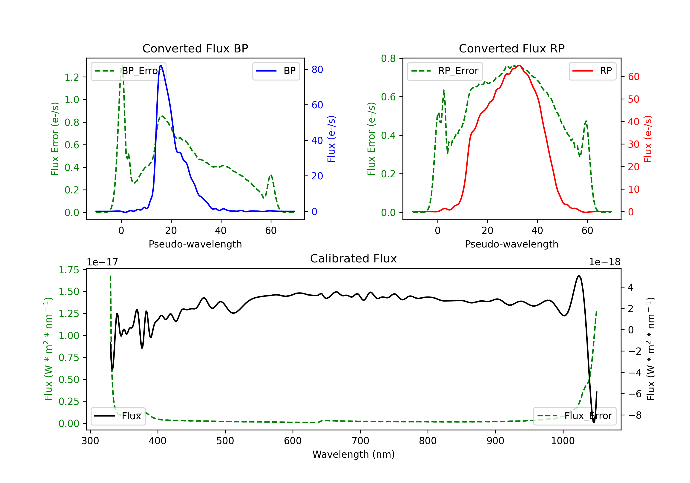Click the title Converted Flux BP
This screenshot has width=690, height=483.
click(195, 48)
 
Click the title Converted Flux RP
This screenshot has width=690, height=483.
click(512, 48)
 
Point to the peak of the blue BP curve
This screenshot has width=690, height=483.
click(161, 65)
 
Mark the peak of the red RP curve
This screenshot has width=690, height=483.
click(519, 66)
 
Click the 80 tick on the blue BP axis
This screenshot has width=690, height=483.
click(317, 69)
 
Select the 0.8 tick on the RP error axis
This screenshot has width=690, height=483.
click(388, 58)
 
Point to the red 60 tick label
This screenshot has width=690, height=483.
click(633, 77)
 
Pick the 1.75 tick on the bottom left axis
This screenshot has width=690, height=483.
click(69, 270)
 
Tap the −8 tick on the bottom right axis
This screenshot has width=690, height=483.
click(635, 415)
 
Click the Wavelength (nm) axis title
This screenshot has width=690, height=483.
click(354, 454)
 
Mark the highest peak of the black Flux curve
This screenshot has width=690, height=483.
click(578, 276)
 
